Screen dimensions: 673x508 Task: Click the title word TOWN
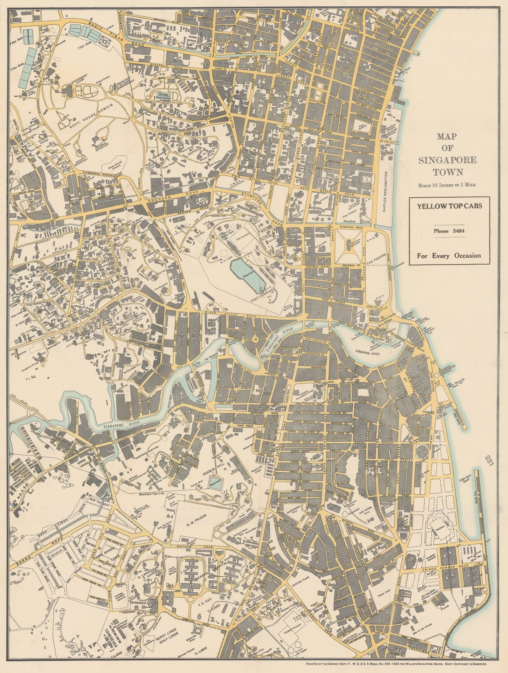pyautogui.click(x=449, y=172)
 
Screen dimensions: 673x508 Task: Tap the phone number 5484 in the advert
pyautogui.click(x=449, y=231)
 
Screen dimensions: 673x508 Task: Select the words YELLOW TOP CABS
pyautogui.click(x=449, y=206)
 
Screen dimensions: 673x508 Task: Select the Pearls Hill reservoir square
pyautogui.click(x=215, y=482)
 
